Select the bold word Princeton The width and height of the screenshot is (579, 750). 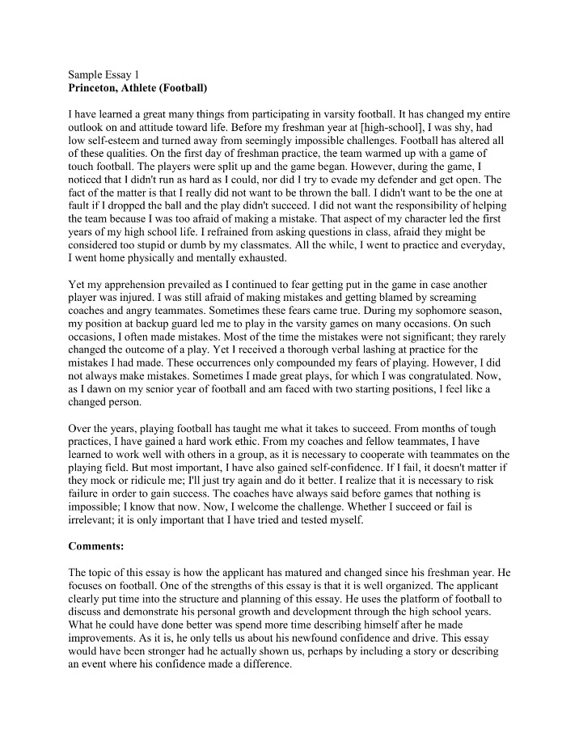[96, 86]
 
